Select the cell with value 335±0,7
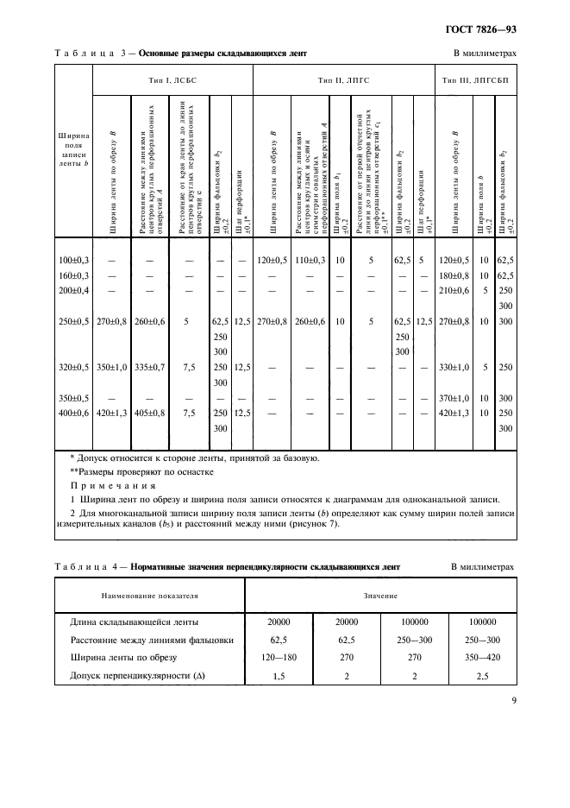coord(151,367)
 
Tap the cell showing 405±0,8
coord(151,414)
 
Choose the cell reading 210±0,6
coord(457,290)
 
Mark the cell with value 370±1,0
coord(457,399)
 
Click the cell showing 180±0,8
coord(457,275)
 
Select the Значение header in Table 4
coord(379,596)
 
